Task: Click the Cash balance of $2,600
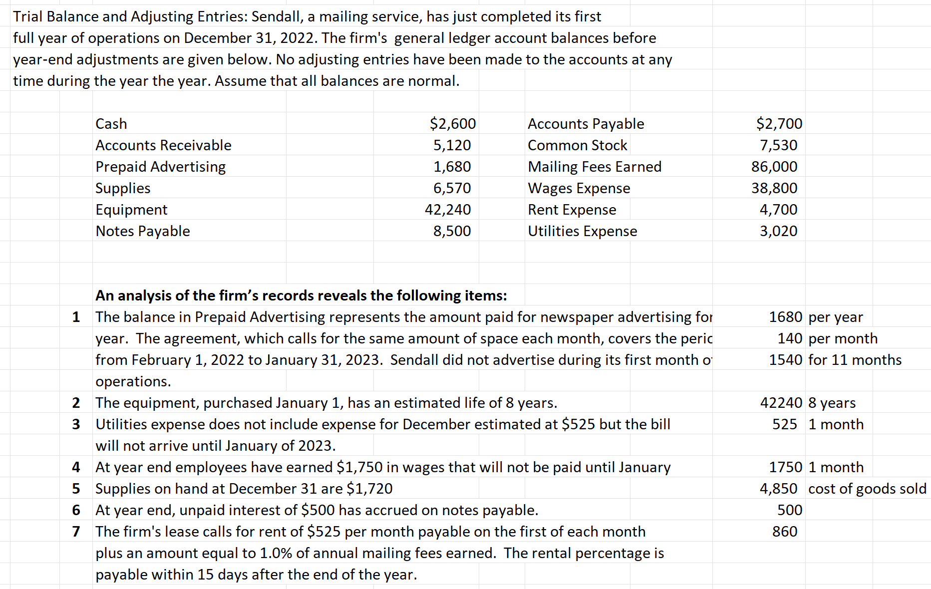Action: (452, 124)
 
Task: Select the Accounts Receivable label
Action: (163, 145)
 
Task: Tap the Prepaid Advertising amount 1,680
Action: (452, 167)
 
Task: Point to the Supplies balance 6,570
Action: (452, 188)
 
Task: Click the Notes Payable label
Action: (143, 231)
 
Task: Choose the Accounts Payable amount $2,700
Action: (779, 124)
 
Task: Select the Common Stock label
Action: (577, 145)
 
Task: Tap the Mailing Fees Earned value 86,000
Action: (774, 167)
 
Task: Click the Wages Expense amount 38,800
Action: (774, 188)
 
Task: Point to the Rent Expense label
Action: (572, 210)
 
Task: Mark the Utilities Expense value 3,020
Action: (778, 231)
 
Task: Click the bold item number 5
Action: (76, 489)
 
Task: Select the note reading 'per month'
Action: (843, 338)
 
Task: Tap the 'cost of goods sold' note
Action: (867, 489)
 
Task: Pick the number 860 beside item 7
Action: (785, 532)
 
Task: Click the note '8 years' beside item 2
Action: (832, 403)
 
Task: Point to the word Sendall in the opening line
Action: (276, 16)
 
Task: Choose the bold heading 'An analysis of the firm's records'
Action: (301, 295)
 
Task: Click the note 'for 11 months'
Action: (855, 360)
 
